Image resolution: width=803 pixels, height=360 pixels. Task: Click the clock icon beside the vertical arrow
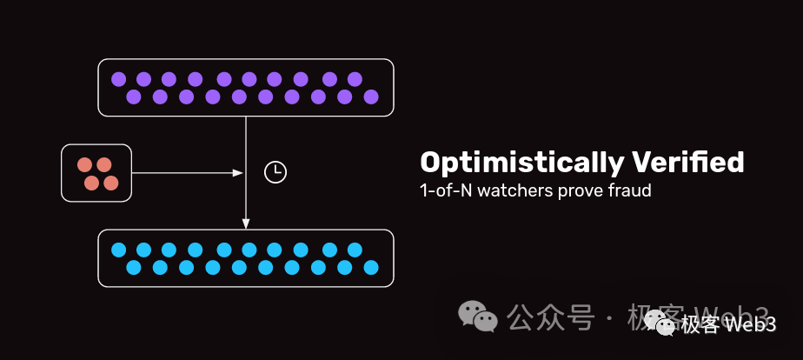pyautogui.click(x=275, y=172)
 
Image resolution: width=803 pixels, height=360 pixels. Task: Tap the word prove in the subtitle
pyautogui.click(x=574, y=190)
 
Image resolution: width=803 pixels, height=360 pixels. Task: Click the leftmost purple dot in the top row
pyautogui.click(x=118, y=79)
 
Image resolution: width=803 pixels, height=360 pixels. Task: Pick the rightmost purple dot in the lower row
pyautogui.click(x=371, y=97)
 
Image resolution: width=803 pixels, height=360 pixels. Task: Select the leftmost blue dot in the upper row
pyautogui.click(x=118, y=250)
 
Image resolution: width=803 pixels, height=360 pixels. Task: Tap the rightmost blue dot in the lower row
pyautogui.click(x=371, y=267)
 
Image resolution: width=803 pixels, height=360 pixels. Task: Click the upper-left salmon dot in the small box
pyautogui.click(x=84, y=164)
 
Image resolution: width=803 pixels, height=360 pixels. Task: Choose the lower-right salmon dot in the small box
pyautogui.click(x=110, y=183)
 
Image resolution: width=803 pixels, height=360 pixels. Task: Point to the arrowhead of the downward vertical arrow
pyautogui.click(x=246, y=223)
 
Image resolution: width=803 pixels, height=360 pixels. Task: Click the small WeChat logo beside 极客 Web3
pyautogui.click(x=667, y=325)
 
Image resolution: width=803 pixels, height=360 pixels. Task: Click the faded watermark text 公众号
pyautogui.click(x=550, y=317)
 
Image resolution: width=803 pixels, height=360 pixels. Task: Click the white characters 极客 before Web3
pyautogui.click(x=700, y=325)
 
